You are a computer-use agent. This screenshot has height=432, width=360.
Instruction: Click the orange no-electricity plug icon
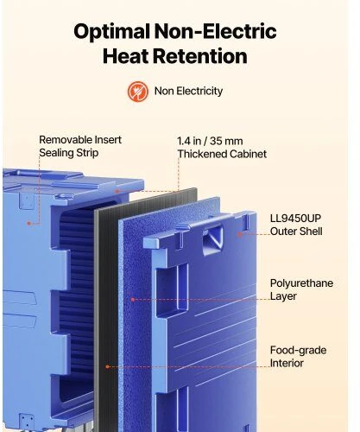(138, 92)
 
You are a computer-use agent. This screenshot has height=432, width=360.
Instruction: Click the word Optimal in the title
(112, 32)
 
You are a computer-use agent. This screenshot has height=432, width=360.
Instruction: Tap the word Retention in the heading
(200, 56)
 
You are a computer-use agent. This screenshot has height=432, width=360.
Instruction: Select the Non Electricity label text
(188, 91)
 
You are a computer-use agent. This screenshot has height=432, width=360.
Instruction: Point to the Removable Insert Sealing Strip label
(80, 146)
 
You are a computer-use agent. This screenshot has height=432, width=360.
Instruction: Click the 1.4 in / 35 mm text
(210, 141)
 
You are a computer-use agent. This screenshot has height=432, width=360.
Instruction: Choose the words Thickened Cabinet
(222, 154)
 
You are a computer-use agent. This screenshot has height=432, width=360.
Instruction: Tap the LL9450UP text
(295, 219)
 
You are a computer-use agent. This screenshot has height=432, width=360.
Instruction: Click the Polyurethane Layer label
(301, 289)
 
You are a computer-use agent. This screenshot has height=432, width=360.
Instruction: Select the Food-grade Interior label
(298, 357)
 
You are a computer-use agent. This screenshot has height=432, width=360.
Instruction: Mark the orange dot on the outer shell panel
(240, 234)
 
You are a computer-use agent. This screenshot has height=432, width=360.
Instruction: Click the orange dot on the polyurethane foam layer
(133, 300)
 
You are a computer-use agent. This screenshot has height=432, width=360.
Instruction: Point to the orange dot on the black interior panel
(107, 366)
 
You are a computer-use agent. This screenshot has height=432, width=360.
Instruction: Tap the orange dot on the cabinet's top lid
(117, 191)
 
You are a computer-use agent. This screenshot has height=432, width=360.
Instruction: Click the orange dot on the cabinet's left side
(29, 223)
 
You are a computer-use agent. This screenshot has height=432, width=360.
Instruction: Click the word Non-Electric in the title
(216, 31)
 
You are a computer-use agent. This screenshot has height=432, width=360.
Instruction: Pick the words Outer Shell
(296, 232)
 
